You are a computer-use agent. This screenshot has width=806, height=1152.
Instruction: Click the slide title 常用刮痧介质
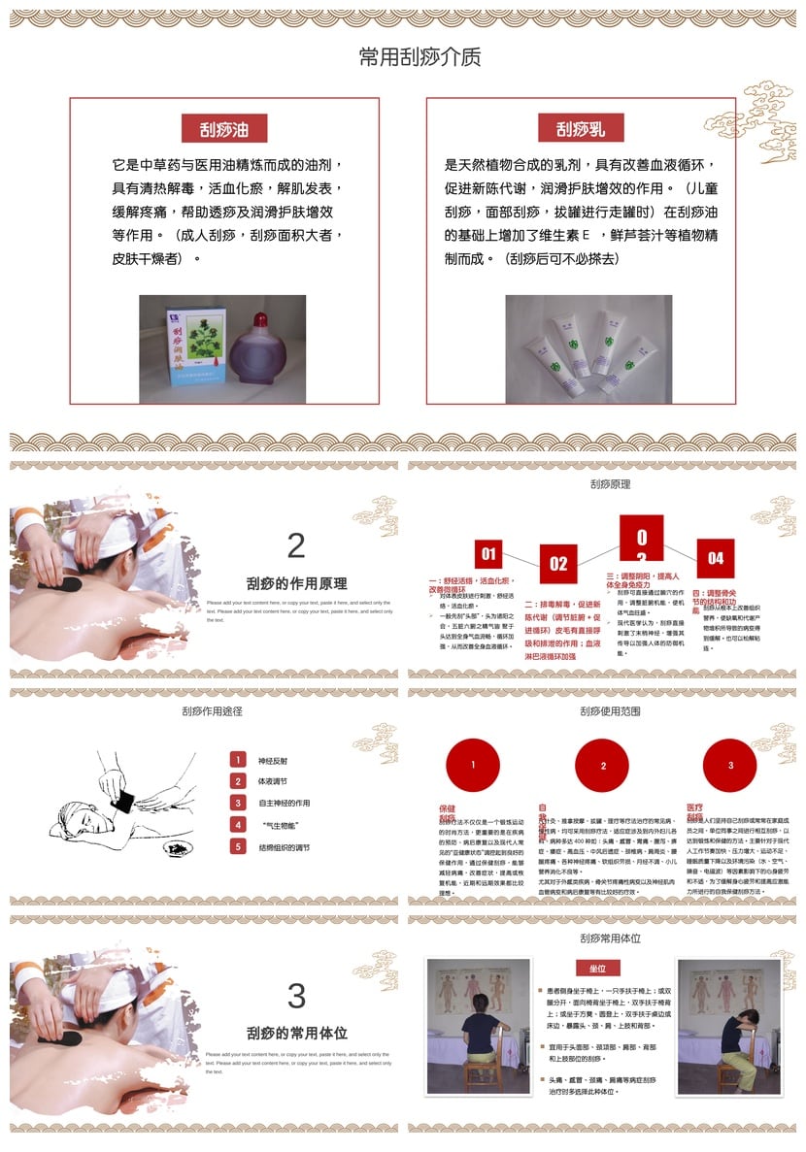coord(420,57)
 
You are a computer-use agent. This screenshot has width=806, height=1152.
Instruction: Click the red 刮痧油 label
coord(224,129)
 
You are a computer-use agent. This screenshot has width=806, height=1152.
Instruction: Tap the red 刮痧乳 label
coord(581,129)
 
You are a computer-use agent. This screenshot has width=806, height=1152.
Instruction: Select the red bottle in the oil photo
coord(260,348)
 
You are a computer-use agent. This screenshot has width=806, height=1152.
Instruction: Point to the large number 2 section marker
coord(296,545)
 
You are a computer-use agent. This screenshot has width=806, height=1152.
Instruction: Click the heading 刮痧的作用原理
coord(296,584)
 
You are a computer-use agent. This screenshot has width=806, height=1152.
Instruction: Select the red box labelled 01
coord(487,554)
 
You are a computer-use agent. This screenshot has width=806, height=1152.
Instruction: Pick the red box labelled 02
coord(558,563)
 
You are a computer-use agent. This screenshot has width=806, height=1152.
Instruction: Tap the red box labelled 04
coord(716,558)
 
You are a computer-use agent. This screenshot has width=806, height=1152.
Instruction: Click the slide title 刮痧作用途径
coord(212,711)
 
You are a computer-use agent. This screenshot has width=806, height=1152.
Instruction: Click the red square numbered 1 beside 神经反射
coord(238,760)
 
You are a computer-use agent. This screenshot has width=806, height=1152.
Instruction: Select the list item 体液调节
coord(273,781)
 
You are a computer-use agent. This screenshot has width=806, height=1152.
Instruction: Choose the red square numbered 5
coord(238,846)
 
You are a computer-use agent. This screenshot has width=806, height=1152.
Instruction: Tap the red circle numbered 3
coord(730,766)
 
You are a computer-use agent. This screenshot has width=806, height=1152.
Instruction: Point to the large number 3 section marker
coord(296,996)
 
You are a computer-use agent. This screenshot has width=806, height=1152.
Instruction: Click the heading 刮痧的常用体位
coord(296,1034)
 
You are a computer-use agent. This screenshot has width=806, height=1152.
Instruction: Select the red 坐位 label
coord(598,968)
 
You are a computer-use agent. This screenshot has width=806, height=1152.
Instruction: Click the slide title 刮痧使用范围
coord(610,711)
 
